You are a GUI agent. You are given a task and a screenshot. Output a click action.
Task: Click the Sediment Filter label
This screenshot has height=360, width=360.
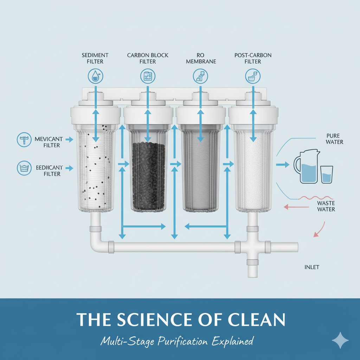click(x=95, y=58)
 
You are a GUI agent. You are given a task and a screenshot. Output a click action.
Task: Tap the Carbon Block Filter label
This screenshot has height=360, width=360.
click(x=148, y=58)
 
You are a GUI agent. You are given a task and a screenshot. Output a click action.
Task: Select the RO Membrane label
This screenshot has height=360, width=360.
click(x=201, y=58)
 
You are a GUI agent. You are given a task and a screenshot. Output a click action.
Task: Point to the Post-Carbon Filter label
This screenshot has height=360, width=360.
click(x=253, y=58)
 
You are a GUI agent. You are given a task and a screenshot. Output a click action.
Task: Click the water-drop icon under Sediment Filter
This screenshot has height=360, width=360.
click(x=95, y=76)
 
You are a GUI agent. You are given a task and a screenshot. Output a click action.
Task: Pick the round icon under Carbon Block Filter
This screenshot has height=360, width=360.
click(x=148, y=76)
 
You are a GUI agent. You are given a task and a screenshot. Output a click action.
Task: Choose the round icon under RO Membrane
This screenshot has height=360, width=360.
click(x=201, y=76)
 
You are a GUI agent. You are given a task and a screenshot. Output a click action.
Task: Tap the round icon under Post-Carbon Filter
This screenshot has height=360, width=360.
click(x=253, y=76)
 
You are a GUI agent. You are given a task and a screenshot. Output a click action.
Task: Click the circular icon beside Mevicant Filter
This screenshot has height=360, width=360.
click(x=24, y=140)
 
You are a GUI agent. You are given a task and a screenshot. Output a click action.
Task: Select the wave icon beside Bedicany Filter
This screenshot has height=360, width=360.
click(x=24, y=168)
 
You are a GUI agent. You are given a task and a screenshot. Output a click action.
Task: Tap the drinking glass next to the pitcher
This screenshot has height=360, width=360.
click(x=327, y=174)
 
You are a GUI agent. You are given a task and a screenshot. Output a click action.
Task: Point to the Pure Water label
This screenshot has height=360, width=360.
click(x=335, y=139)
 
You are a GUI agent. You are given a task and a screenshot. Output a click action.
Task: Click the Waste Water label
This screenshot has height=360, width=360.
click(x=326, y=206)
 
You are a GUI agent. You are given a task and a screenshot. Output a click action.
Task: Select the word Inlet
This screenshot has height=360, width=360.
click(x=311, y=267)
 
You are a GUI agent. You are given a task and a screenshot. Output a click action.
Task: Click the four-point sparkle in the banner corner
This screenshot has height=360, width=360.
click(x=340, y=340)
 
